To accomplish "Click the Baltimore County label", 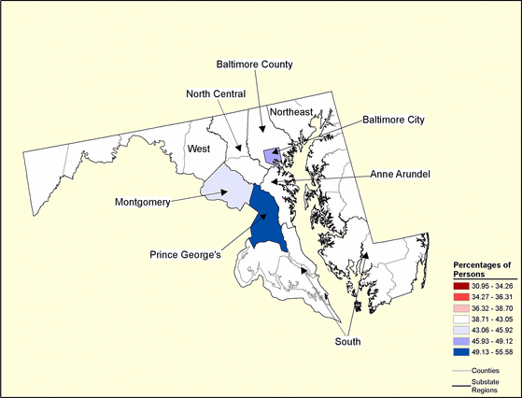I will (x=255, y=64).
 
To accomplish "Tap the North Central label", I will (x=216, y=93).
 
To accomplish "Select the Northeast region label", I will (x=291, y=112).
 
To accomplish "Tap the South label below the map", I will (x=347, y=341).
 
